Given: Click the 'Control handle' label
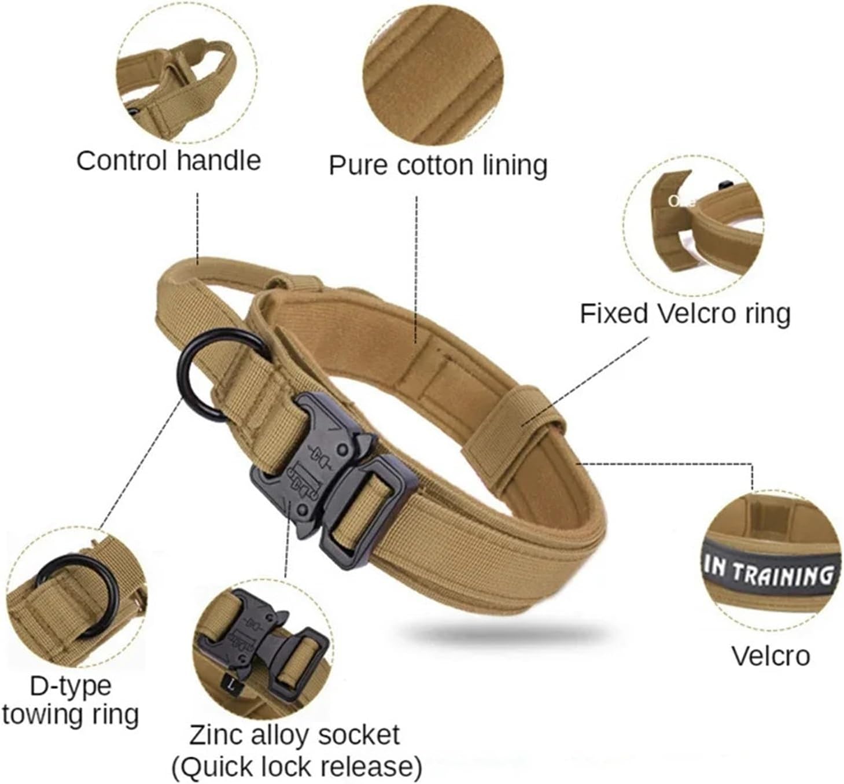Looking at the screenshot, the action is coord(168,160).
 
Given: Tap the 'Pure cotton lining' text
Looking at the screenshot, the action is coord(438,165).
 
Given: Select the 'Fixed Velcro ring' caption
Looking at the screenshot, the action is coord(685,314).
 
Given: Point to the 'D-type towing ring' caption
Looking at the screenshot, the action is coord(71,700).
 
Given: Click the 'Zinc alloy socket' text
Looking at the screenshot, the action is coord(294,735).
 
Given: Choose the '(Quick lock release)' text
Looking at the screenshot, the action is coord(296,766).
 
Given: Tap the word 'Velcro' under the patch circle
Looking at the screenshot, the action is coord(771,656).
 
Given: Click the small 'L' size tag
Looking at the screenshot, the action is coord(232,686).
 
